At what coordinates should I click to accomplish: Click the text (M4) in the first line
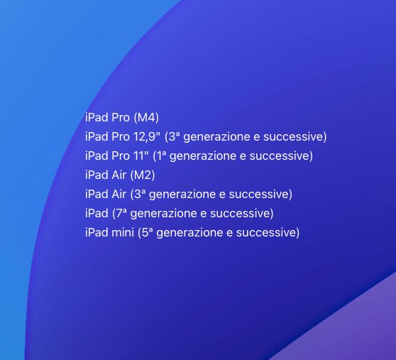coord(146,118)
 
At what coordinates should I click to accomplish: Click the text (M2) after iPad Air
coord(143,175)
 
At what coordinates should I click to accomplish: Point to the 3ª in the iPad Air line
coord(138,194)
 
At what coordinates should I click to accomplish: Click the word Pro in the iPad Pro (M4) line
coord(121,118)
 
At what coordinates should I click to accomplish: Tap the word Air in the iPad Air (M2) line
coord(119,175)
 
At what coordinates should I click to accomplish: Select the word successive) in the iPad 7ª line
coord(242,214)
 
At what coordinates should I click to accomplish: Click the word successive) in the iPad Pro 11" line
coord(281,156)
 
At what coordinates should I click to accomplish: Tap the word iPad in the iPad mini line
coord(97,232)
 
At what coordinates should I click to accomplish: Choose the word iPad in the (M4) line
coord(97,117)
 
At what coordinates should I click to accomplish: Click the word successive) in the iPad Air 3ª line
coord(260,195)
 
